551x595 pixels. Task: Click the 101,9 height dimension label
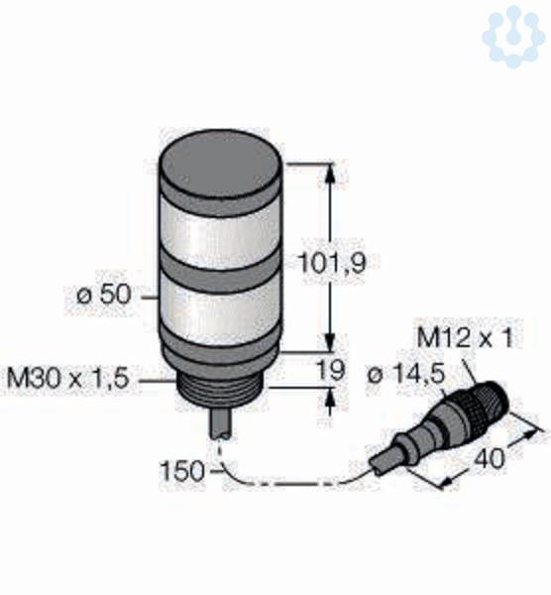(333, 263)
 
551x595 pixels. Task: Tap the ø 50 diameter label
(104, 295)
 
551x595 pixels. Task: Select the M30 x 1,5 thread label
(67, 379)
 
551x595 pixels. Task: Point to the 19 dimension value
(331, 370)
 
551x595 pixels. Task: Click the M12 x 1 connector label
(465, 337)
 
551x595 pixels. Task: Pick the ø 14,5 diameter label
(405, 375)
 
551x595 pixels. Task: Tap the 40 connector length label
(490, 458)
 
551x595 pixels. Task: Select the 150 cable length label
(182, 471)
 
